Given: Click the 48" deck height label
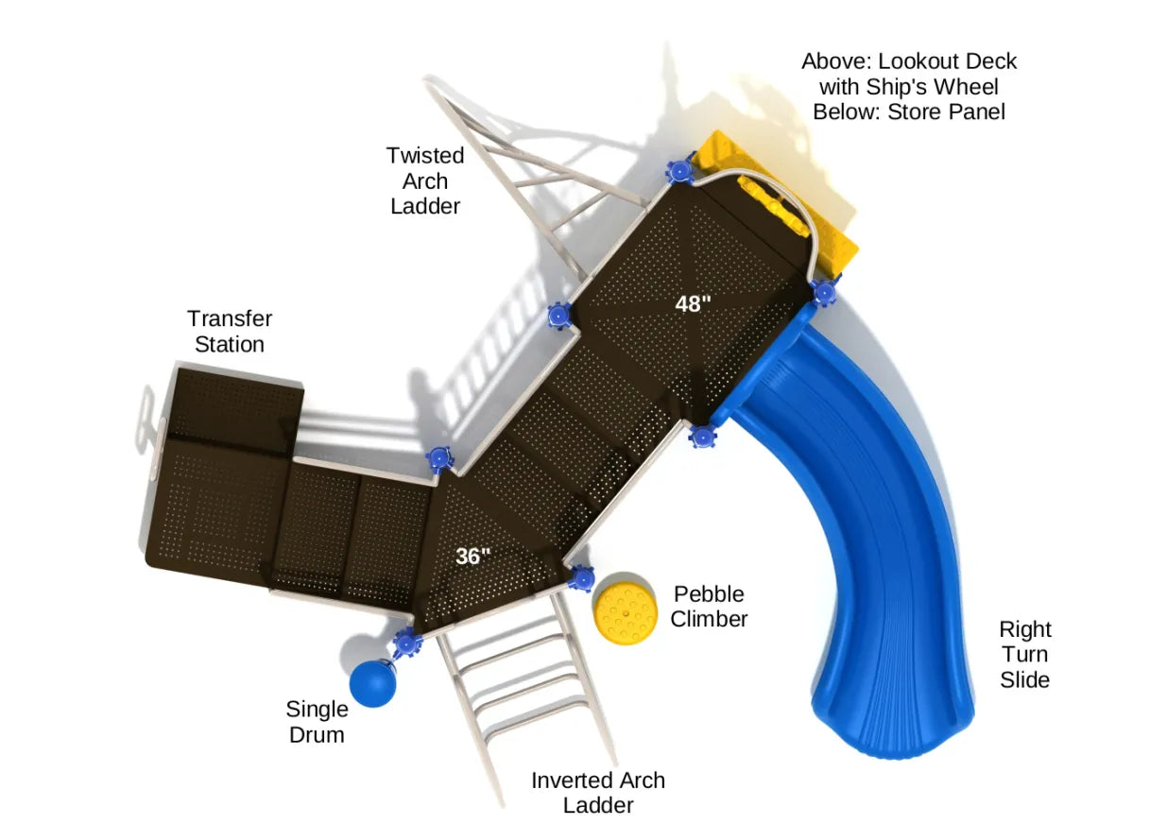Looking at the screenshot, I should click(693, 304).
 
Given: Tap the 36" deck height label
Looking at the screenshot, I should click(473, 557).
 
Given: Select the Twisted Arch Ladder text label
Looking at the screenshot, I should click(425, 180).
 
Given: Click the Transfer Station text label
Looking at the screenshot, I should click(230, 332).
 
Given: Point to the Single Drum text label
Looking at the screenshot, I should click(317, 722).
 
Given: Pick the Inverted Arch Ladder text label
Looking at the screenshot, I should click(598, 793).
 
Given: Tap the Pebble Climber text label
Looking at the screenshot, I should click(709, 607).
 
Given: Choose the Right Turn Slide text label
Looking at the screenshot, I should click(1025, 654).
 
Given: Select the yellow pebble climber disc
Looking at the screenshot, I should click(625, 608).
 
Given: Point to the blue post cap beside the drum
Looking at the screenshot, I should click(407, 643).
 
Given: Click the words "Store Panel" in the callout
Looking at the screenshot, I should click(953, 112).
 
